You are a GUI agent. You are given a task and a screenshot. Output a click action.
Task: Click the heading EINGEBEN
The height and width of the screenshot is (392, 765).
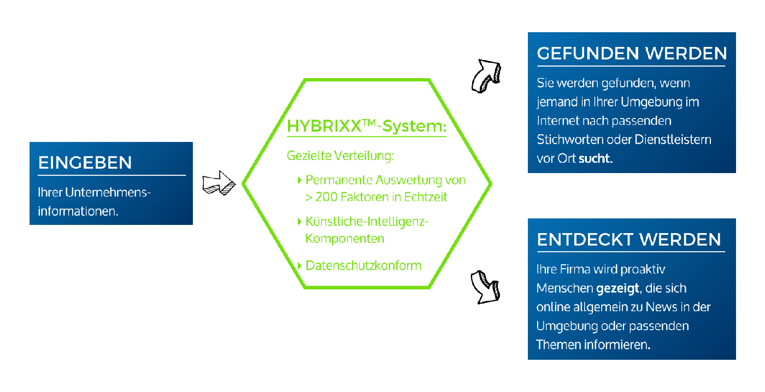pyautogui.click(x=85, y=163)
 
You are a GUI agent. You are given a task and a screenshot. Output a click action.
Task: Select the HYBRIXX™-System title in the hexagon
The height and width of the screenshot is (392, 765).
pyautogui.click(x=367, y=127)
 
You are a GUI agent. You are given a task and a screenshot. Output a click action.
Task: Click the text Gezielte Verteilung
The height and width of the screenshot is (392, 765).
pyautogui.click(x=340, y=156)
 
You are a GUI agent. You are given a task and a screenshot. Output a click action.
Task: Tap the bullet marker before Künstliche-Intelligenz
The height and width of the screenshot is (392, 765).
pyautogui.click(x=299, y=222)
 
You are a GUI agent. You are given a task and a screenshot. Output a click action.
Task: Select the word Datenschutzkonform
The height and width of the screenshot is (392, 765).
pyautogui.click(x=363, y=266)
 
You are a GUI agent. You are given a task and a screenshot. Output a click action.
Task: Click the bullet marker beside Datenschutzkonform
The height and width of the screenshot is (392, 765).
pyautogui.click(x=299, y=266)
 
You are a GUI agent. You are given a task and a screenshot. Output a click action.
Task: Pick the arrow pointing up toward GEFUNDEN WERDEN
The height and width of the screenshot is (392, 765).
pyautogui.click(x=486, y=75)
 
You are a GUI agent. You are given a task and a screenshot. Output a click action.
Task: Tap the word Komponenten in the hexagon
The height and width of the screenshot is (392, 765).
pyautogui.click(x=345, y=239)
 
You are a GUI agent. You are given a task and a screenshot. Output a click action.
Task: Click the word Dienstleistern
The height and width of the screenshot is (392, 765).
pyautogui.click(x=673, y=140)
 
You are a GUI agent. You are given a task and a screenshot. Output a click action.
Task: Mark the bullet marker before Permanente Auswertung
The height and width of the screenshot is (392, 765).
pyautogui.click(x=299, y=180)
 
